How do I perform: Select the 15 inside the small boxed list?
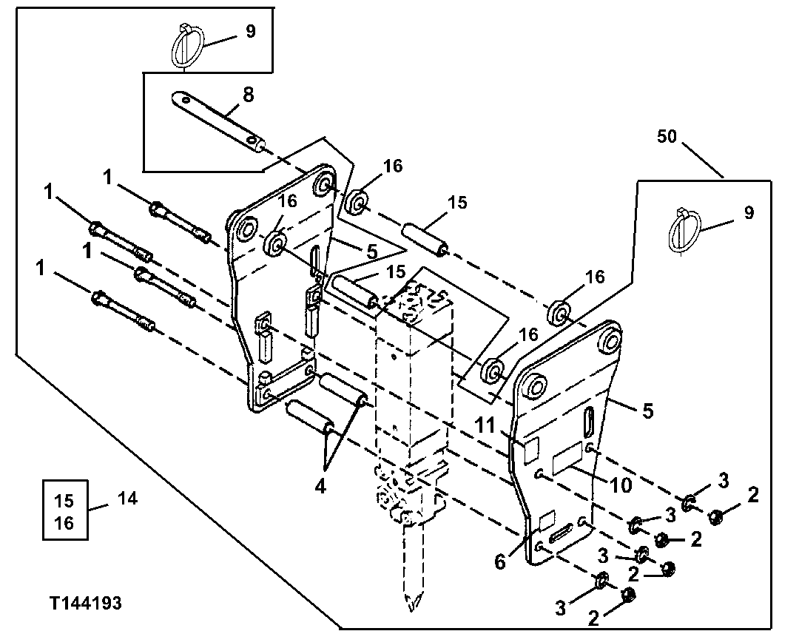pos(64,499)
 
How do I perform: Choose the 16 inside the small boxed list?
pos(64,523)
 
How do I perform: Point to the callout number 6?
pos(501,561)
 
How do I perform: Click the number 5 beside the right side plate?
pos(647,411)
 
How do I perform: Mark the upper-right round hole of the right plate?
pos(610,340)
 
